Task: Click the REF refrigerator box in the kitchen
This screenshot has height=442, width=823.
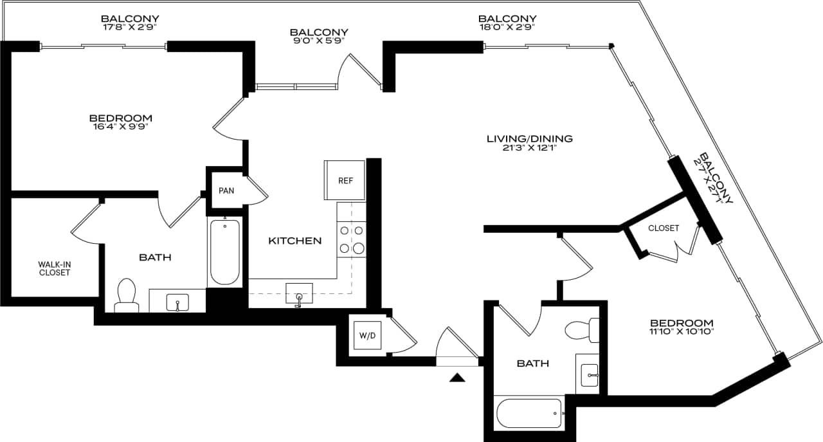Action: tap(346, 181)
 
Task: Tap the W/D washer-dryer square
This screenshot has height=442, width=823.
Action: tap(367, 335)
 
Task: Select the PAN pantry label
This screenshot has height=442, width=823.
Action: tap(226, 191)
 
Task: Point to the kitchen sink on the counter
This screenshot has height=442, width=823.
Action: tap(299, 293)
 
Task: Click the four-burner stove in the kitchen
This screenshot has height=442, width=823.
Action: tap(351, 239)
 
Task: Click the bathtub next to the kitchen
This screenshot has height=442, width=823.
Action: tap(225, 252)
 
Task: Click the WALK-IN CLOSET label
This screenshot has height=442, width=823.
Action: tap(54, 268)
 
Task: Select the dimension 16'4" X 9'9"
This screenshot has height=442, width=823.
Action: tap(120, 127)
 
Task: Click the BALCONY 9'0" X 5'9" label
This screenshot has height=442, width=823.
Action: tap(319, 36)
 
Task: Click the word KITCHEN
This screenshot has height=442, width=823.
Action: tap(294, 241)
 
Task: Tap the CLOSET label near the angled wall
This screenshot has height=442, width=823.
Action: tap(664, 228)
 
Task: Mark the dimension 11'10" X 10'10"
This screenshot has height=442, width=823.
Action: tap(682, 332)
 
